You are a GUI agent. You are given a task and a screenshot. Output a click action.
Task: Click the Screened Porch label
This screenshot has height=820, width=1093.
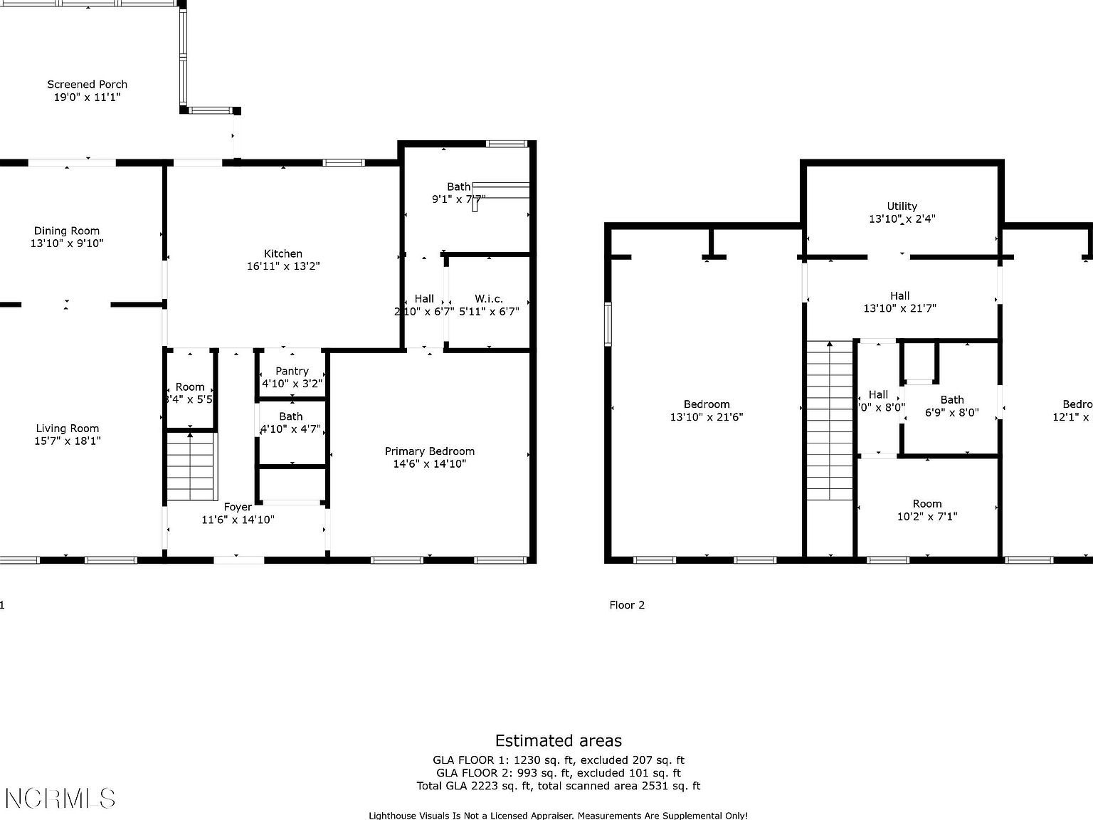click(88, 84)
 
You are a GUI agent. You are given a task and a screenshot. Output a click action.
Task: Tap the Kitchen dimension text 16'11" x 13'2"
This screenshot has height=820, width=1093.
click(283, 266)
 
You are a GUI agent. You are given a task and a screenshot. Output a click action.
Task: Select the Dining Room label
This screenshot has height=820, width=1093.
click(67, 231)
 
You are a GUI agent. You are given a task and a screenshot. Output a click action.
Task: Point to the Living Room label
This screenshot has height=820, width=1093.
click(68, 429)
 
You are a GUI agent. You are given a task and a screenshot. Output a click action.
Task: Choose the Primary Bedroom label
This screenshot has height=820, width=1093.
click(429, 451)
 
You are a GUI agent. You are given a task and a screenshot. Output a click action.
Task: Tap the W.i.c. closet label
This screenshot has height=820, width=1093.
click(489, 299)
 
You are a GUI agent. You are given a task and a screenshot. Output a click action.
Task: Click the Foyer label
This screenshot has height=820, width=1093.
click(238, 507)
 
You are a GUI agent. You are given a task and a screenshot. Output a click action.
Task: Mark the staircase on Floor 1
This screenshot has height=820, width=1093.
click(191, 466)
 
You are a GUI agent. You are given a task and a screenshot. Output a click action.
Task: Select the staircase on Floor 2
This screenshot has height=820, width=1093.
click(830, 420)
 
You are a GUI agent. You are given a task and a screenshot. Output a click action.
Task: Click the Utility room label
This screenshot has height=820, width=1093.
click(902, 206)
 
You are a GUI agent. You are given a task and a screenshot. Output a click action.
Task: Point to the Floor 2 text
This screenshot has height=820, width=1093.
click(627, 605)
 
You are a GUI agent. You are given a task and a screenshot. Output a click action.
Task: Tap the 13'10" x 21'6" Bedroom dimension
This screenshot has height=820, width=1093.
click(707, 417)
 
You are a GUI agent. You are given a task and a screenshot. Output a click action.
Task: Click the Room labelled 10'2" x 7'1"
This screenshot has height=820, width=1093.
click(927, 510)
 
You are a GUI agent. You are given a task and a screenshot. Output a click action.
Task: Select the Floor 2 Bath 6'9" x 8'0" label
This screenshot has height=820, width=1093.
click(951, 406)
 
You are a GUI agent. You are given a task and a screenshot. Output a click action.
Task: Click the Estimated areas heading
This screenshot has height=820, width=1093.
click(558, 741)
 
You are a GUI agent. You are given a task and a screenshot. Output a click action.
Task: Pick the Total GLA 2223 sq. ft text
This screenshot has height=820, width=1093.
click(558, 786)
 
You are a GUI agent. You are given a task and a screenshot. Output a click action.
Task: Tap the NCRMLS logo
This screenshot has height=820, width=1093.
click(60, 798)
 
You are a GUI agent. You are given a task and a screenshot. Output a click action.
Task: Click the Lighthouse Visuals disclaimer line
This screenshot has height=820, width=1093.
click(558, 816)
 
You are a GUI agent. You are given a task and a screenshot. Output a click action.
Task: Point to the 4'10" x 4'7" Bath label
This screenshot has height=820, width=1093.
click(291, 423)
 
